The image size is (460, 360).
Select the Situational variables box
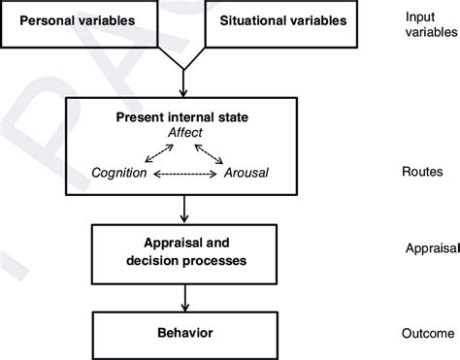[x=281, y=20]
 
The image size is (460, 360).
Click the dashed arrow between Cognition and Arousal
[x=184, y=174]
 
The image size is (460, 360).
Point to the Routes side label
[x=422, y=173]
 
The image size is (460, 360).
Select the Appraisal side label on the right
[x=430, y=248]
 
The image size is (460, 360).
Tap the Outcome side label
[x=427, y=334]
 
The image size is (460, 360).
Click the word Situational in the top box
[x=250, y=20]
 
